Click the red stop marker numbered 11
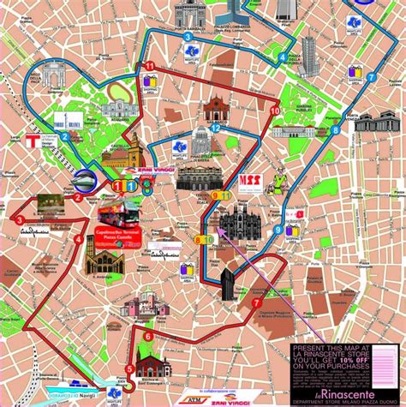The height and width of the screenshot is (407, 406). coord(150,66)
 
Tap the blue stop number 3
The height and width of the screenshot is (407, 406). coord(187,37)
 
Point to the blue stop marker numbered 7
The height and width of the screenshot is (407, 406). coord(370,77)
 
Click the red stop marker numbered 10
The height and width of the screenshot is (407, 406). coord(274,111)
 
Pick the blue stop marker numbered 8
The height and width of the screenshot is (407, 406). coord(335,129)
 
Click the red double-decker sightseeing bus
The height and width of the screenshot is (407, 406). coord(119,211)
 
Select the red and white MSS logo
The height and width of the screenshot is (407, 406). coord(249,181)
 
